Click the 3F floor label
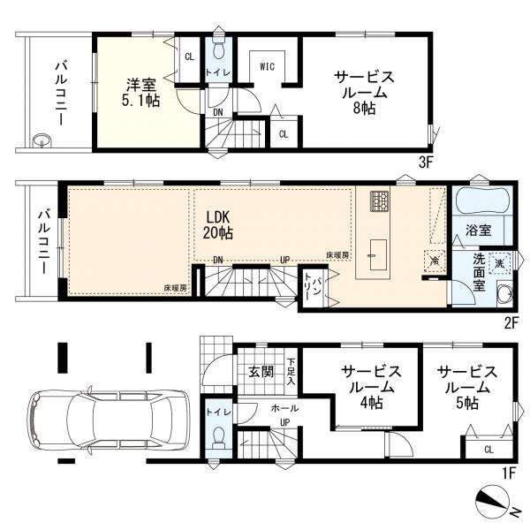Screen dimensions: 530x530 pyautogui.click(x=426, y=163)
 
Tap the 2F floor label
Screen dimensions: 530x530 pyautogui.click(x=511, y=324)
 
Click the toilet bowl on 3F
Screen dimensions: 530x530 pyautogui.click(x=219, y=49)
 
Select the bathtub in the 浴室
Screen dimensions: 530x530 pyautogui.click(x=482, y=201)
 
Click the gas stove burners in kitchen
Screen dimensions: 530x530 pyautogui.click(x=380, y=201)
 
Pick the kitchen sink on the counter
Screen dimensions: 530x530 pyautogui.click(x=378, y=255)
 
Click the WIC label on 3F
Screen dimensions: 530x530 pyautogui.click(x=267, y=66)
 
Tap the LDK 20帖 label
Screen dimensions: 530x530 pyautogui.click(x=217, y=224)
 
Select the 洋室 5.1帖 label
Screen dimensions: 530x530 pyautogui.click(x=141, y=92)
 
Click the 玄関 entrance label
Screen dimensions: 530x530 pyautogui.click(x=261, y=372)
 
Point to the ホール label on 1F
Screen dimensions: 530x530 pyautogui.click(x=284, y=408)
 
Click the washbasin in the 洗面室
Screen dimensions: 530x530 pyautogui.click(x=505, y=294)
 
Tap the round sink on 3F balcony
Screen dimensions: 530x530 pyautogui.click(x=42, y=140)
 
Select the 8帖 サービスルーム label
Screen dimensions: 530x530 pyautogui.click(x=364, y=92)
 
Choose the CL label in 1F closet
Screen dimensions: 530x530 pyautogui.click(x=488, y=450)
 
